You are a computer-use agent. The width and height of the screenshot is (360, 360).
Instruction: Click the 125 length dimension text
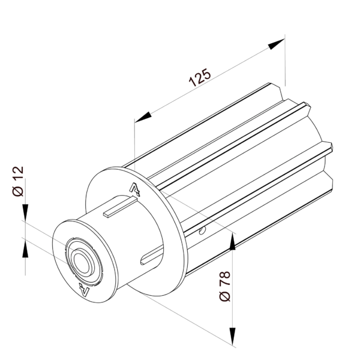(199, 77)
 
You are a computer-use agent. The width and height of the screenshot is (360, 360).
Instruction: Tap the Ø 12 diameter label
(18, 182)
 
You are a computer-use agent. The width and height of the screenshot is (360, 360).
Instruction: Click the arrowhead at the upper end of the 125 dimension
(277, 44)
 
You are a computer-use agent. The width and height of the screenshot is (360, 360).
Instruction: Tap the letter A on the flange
(136, 190)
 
